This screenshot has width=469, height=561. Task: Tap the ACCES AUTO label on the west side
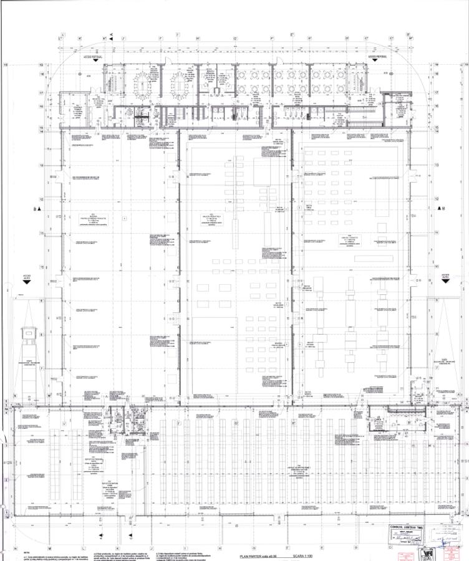point(26,275)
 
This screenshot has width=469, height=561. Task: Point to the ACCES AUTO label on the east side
point(445,275)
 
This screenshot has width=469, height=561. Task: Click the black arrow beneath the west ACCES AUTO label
point(26,282)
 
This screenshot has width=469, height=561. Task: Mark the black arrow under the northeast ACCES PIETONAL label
point(377,63)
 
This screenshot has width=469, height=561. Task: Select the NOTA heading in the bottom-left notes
point(26,550)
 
